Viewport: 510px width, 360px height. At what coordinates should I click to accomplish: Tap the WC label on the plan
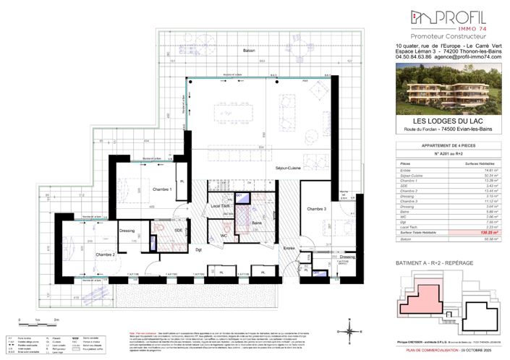click(x=224, y=236)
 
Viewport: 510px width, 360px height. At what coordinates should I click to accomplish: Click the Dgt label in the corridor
click(x=199, y=250)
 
